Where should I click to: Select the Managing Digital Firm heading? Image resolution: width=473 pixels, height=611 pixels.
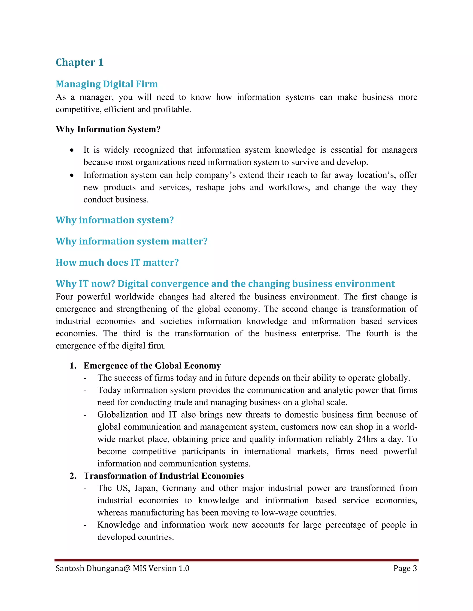pyautogui.click(x=106, y=84)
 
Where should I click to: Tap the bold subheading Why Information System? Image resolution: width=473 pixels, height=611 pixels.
pyautogui.click(x=108, y=129)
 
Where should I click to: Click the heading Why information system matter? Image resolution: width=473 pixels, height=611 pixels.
pyautogui.click(x=131, y=241)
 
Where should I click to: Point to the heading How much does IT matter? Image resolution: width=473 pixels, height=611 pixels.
pyautogui.click(x=117, y=262)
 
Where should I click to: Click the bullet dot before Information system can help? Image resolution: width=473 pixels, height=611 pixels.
pyautogui.click(x=72, y=175)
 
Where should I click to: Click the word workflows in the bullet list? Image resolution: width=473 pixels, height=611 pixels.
pyautogui.click(x=289, y=187)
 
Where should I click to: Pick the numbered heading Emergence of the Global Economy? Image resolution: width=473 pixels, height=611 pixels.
pyautogui.click(x=152, y=366)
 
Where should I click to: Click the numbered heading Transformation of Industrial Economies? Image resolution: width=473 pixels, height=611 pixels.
pyautogui.click(x=164, y=476)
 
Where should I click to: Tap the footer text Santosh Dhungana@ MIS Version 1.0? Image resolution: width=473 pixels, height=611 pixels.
pyautogui.click(x=122, y=569)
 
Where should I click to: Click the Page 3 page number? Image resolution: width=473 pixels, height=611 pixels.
pyautogui.click(x=405, y=569)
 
